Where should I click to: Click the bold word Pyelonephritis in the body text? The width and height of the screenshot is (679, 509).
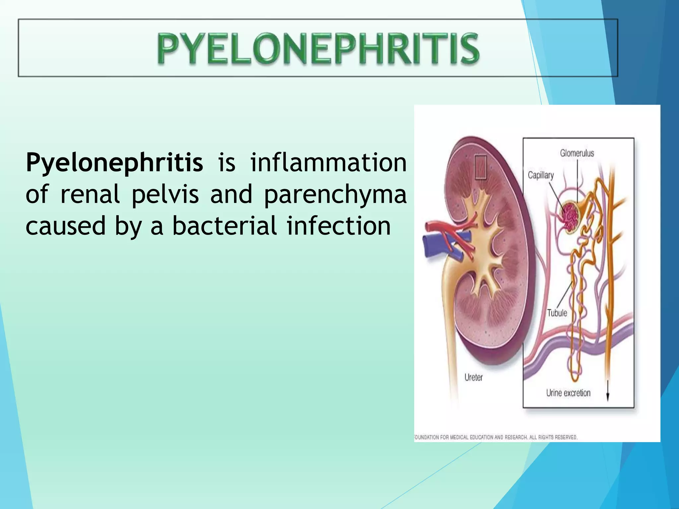click(x=114, y=163)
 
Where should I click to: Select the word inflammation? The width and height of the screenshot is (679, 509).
click(x=328, y=163)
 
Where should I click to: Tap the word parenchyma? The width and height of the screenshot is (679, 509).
click(x=335, y=195)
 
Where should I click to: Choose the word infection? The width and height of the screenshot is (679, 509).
click(x=339, y=226)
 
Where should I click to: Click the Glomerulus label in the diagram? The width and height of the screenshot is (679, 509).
click(x=577, y=153)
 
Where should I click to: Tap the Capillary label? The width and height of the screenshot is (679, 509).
click(x=540, y=175)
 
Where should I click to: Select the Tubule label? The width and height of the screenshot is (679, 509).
click(x=557, y=313)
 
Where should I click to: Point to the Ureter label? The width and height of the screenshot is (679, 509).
click(x=473, y=377)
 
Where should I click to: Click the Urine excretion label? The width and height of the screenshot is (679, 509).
click(x=568, y=393)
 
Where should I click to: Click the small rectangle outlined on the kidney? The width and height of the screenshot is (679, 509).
click(x=481, y=167)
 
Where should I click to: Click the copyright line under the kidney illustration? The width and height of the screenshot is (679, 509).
click(x=496, y=437)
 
